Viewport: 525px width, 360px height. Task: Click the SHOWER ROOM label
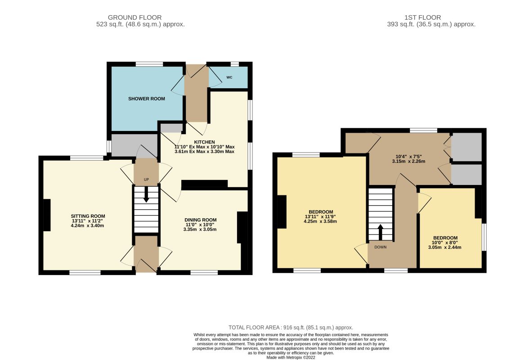(x=147, y=99)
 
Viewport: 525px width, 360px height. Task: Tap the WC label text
(x=229, y=77)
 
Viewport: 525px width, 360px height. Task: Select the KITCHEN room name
(x=205, y=142)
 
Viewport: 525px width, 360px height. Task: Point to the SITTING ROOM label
(x=88, y=216)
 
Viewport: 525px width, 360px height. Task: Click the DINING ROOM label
(x=201, y=220)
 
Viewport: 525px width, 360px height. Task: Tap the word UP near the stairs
(x=146, y=180)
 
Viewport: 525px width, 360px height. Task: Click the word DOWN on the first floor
(x=380, y=247)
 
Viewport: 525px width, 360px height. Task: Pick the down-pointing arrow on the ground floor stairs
(x=146, y=194)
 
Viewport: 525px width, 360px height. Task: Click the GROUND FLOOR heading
(x=135, y=18)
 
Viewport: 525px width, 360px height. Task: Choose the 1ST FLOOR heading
(x=422, y=18)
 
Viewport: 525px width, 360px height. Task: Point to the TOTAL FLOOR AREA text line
(x=291, y=328)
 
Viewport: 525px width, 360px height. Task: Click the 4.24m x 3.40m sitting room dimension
(x=87, y=226)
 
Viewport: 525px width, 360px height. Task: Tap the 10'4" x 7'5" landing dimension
(x=408, y=157)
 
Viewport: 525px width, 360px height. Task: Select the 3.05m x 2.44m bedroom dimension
(x=444, y=247)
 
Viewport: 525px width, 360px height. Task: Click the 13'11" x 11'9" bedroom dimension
(x=320, y=216)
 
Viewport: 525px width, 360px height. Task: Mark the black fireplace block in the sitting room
(x=47, y=215)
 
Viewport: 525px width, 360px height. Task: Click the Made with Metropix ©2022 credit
(x=291, y=357)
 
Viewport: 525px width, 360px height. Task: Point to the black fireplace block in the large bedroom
(x=282, y=212)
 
